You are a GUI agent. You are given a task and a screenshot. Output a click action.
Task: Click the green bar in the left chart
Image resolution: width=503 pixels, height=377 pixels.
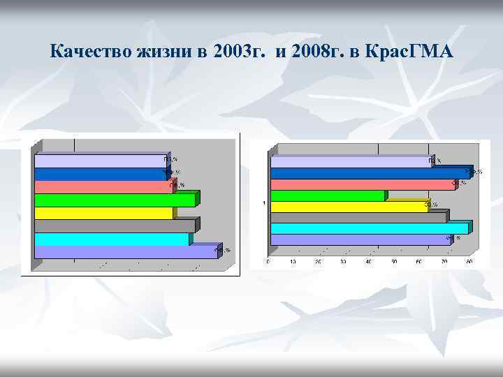(115, 200)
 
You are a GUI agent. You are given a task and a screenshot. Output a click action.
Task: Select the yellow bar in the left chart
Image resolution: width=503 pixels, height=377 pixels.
(103, 213)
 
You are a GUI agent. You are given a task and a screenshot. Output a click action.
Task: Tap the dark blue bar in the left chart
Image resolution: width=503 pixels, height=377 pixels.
(100, 175)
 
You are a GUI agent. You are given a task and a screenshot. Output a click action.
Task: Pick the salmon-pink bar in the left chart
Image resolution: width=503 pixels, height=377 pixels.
(102, 187)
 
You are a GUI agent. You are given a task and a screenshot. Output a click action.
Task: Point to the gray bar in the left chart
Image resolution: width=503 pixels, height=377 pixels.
(115, 226)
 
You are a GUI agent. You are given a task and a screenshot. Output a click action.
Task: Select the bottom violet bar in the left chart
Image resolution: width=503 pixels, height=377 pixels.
(126, 252)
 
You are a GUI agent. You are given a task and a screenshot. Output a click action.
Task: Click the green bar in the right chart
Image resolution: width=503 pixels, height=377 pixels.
(328, 196)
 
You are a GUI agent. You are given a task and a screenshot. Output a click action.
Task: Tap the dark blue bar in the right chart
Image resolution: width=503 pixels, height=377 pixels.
(371, 173)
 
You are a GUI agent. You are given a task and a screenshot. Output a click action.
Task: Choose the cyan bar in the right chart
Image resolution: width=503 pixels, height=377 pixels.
(369, 228)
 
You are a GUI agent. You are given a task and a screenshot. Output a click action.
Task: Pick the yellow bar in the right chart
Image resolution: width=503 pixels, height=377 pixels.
(349, 207)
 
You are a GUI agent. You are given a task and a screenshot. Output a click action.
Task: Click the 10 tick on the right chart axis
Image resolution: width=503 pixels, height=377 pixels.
(293, 263)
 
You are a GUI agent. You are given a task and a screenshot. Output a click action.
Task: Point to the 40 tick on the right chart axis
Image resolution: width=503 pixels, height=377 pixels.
(368, 263)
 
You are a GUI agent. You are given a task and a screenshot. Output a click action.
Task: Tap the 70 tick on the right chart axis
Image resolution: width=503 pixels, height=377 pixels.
(444, 263)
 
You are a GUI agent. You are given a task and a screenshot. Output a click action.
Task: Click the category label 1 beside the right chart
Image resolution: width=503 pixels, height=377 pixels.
(264, 203)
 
